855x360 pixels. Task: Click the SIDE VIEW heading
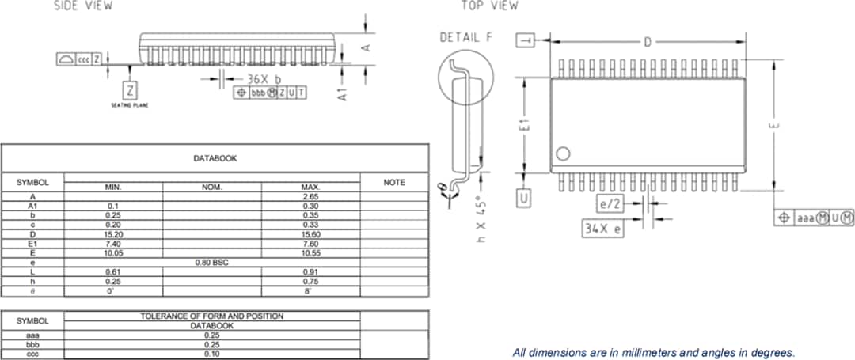pyautogui.click(x=82, y=6)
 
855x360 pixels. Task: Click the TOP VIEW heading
pyautogui.click(x=489, y=6)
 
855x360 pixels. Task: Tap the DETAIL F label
pyautogui.click(x=465, y=38)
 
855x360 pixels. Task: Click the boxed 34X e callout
pyautogui.click(x=602, y=229)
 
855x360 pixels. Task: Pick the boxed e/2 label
pyautogui.click(x=611, y=204)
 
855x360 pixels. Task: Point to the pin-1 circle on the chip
pyautogui.click(x=563, y=153)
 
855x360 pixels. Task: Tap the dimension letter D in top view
pyautogui.click(x=648, y=41)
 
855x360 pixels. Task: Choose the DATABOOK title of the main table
pyautogui.click(x=215, y=158)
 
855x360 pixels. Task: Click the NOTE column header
pyautogui.click(x=394, y=182)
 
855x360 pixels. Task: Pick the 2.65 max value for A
pyautogui.click(x=310, y=196)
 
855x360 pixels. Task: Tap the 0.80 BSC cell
pyautogui.click(x=211, y=262)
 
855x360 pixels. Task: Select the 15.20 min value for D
pyautogui.click(x=112, y=235)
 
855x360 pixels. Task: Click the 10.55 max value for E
pyautogui.click(x=310, y=253)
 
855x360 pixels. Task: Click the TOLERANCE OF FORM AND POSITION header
pyautogui.click(x=212, y=316)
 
